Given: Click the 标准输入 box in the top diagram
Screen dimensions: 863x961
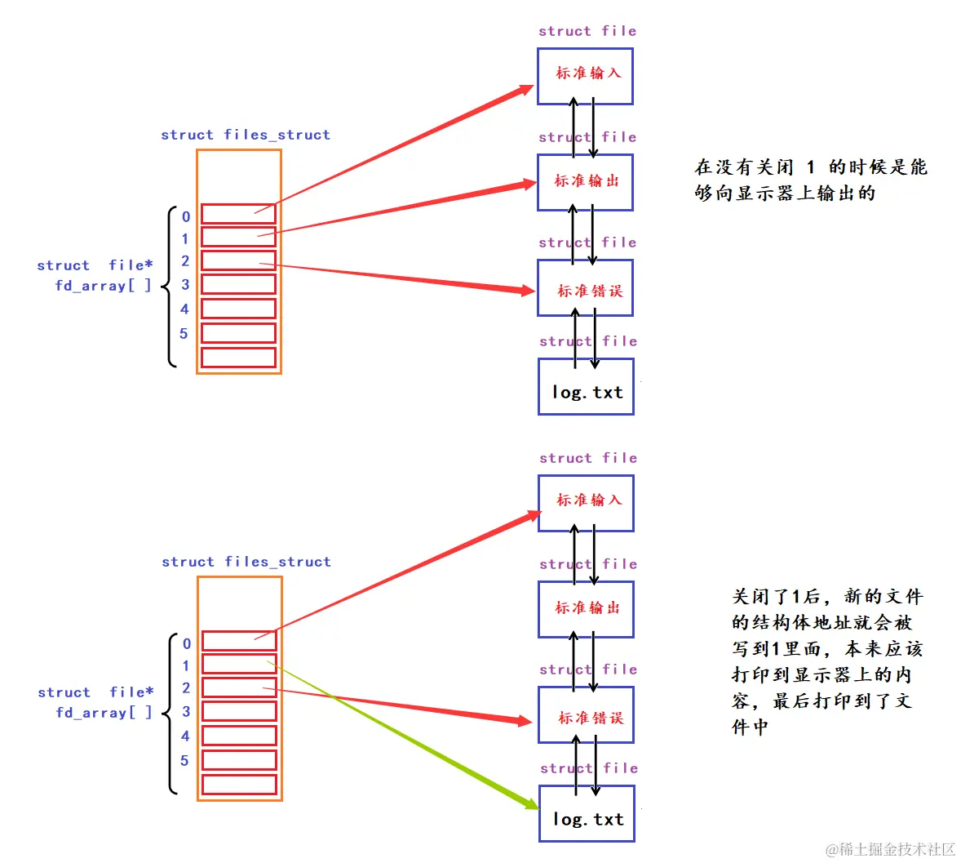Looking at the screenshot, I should click(x=585, y=76).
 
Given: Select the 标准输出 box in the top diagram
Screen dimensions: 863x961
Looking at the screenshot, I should click(x=585, y=182).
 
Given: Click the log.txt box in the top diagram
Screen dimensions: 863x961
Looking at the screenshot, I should click(x=586, y=387).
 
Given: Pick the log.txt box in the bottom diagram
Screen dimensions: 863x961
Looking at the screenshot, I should click(x=587, y=814).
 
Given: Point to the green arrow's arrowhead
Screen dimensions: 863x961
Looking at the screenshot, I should click(x=530, y=803).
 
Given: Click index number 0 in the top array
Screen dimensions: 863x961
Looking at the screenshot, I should click(x=186, y=216).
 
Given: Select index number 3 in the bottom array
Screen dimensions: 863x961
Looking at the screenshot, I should click(x=186, y=711).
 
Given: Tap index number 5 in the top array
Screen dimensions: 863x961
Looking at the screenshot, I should click(x=184, y=333).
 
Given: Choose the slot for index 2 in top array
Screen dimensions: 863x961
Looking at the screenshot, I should click(x=238, y=260).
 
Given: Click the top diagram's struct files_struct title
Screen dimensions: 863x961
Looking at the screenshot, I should click(x=246, y=135).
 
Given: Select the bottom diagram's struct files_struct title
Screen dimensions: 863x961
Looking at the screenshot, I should click(x=246, y=562).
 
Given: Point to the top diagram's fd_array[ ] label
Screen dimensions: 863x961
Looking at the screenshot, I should click(x=103, y=285).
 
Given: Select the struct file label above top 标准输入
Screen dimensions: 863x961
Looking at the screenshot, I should click(x=587, y=31).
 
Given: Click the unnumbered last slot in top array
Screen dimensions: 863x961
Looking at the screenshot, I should click(x=238, y=358).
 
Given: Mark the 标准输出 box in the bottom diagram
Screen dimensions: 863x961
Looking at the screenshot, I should click(x=586, y=609).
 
